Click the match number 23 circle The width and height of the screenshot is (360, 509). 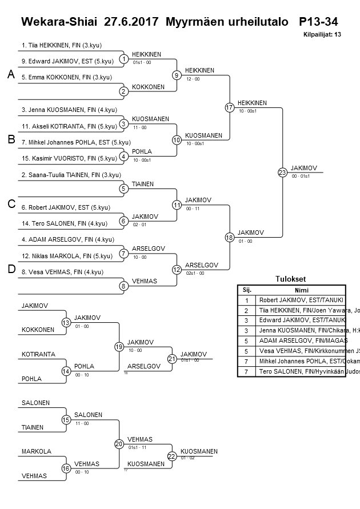click(282, 173)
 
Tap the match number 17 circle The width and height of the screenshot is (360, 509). click(230, 107)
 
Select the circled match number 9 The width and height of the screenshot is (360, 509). click(177, 75)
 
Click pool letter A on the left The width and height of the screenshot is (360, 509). click(11, 74)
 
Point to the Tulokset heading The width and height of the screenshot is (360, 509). click(291, 279)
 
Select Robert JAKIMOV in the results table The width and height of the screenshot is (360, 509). click(302, 300)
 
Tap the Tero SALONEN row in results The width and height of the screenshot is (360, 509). click(302, 371)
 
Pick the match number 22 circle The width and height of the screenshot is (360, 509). click(173, 456)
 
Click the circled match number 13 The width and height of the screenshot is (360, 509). click(66, 323)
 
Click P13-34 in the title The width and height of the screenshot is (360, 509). click(318, 22)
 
